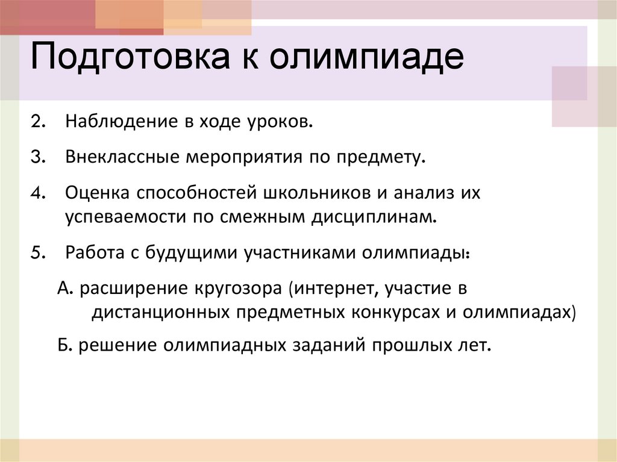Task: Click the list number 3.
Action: tap(37, 158)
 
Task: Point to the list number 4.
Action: tap(37, 193)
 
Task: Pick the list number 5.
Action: tap(37, 252)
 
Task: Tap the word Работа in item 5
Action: tap(92, 252)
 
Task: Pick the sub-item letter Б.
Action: tap(64, 346)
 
